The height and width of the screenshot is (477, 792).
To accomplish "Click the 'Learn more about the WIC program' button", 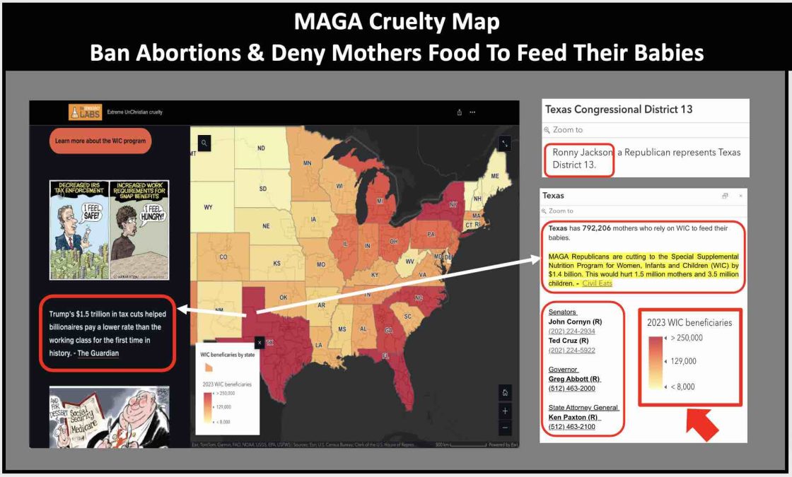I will point(100,141).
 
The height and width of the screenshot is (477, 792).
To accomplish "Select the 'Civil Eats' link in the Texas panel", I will point(597,283).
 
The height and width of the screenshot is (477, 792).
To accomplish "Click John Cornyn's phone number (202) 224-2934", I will point(571,331).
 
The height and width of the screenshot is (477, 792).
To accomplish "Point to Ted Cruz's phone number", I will point(571,351).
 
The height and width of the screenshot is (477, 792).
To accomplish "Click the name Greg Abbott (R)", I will point(574,379).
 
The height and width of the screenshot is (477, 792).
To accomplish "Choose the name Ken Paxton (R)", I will point(573,417).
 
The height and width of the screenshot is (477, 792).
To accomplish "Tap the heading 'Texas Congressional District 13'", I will point(619,110).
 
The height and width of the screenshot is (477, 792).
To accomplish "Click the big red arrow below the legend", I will point(700,425).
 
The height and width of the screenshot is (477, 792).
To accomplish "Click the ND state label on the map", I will point(261,148).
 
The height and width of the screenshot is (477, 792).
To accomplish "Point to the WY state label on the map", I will point(208,208).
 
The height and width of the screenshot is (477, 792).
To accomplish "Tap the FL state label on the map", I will point(385,356).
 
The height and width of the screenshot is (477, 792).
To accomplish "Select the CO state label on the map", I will point(223,257).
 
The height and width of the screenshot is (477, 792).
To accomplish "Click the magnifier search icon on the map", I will point(204,143).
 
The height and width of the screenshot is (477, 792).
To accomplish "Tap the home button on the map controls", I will point(505,393).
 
